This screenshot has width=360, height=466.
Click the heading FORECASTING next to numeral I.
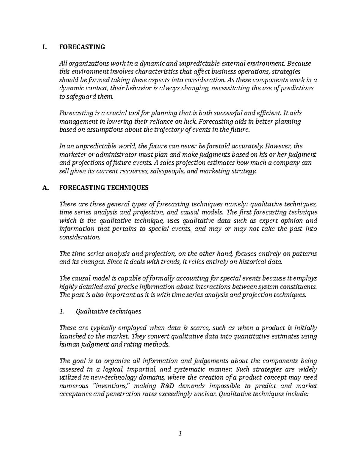coord(82,47)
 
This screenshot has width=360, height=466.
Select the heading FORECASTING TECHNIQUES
coord(104,188)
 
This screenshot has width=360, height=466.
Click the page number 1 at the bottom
coord(180,433)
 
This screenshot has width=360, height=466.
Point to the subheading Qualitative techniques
coord(108,311)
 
